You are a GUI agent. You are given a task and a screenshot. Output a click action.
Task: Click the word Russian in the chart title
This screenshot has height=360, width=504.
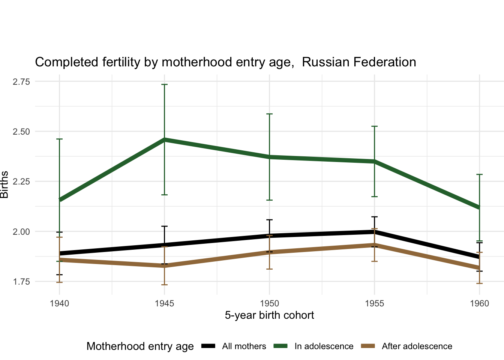(x=324, y=62)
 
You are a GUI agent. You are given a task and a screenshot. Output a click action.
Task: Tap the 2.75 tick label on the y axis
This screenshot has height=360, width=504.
(x=21, y=82)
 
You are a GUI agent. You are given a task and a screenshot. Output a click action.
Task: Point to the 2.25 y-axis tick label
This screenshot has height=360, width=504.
(x=21, y=181)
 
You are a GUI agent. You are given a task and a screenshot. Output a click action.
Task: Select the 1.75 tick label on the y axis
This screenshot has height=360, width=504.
(x=21, y=282)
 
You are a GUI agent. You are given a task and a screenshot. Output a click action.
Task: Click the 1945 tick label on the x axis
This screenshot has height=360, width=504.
(x=164, y=303)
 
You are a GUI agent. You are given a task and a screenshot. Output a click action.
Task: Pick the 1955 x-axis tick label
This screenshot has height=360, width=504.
(x=374, y=303)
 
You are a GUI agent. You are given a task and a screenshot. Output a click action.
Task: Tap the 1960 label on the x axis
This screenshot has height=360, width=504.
(x=479, y=303)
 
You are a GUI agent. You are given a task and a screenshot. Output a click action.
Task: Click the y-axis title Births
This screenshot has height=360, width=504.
(x=4, y=184)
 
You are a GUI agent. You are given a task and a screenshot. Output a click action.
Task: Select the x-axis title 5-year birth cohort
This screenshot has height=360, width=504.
(x=269, y=315)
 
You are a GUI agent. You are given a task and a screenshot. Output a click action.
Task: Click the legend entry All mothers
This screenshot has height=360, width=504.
(x=244, y=346)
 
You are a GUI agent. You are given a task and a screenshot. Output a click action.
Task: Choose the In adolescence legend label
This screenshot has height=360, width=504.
(x=324, y=346)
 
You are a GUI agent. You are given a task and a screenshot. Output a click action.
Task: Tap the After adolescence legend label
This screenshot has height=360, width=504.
(x=417, y=346)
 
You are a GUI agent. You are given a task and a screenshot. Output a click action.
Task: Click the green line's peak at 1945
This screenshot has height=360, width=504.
(x=164, y=139)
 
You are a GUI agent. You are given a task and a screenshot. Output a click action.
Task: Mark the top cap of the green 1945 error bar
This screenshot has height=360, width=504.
(x=164, y=84)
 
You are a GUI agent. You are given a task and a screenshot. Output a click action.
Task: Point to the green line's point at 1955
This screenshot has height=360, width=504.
(x=374, y=161)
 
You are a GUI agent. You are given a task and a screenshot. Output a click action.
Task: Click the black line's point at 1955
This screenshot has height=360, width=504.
(x=374, y=232)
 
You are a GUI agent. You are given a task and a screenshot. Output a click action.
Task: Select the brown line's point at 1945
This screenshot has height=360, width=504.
(x=164, y=266)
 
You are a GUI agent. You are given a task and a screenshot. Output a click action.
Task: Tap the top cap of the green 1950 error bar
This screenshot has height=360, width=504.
(x=269, y=114)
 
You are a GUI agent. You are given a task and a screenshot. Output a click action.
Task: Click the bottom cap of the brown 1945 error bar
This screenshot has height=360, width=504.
(x=164, y=285)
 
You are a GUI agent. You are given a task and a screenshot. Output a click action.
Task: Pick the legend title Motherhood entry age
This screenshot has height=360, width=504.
(x=140, y=346)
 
